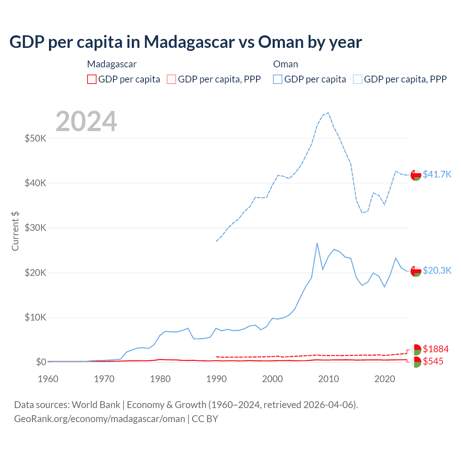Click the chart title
click(185, 42)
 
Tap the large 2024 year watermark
click(86, 121)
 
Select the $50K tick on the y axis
click(35, 138)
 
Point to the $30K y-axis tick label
click(35, 228)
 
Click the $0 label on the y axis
click(41, 362)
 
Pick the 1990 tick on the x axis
click(216, 379)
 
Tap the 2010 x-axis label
click(328, 379)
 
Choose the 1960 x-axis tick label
click(48, 379)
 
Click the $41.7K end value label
click(437, 174)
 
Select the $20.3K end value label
click(437, 270)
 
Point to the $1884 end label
click(435, 349)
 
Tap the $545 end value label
click(433, 361)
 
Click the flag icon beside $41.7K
click(416, 175)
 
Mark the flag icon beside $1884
click(416, 349)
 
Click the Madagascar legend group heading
click(112, 64)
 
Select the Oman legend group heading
click(286, 64)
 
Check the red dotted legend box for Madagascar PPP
click(171, 79)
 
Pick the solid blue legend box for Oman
click(278, 79)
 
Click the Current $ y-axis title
click(15, 231)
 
